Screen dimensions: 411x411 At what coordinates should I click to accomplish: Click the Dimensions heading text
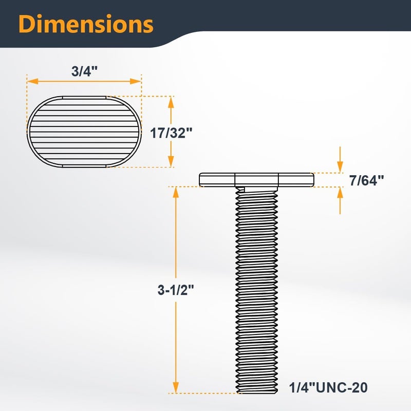(86, 24)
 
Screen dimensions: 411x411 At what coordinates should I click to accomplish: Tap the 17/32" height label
(171, 133)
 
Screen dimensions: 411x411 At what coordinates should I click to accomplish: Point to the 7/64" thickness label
(366, 181)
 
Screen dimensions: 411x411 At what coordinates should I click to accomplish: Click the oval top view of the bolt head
(84, 132)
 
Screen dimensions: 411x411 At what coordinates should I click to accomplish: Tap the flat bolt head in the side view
(256, 179)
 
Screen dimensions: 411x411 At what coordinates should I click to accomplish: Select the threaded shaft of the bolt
(256, 288)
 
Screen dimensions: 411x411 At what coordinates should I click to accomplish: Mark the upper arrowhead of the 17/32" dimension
(171, 100)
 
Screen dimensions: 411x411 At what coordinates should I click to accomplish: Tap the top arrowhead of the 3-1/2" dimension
(176, 191)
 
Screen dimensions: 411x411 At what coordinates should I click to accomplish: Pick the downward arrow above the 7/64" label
(340, 167)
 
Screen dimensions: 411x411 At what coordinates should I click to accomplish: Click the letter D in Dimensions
(28, 24)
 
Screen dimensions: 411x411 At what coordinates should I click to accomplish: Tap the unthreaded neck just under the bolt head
(256, 189)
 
